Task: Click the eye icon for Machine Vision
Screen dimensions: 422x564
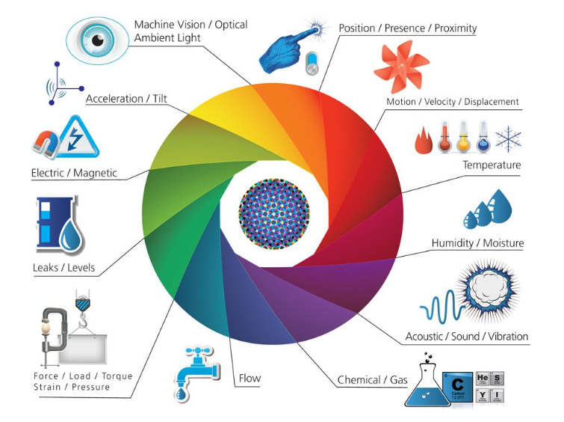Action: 97,39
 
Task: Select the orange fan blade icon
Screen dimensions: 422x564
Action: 401,67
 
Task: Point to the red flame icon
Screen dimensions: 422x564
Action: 423,141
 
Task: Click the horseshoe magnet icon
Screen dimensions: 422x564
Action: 46,142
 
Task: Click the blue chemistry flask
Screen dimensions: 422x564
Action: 427,382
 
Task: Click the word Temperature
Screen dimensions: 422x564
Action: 491,165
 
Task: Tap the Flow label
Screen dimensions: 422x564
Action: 249,378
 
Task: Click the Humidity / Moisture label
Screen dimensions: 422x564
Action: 477,243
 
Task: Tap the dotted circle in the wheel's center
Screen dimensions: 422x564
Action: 273,212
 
